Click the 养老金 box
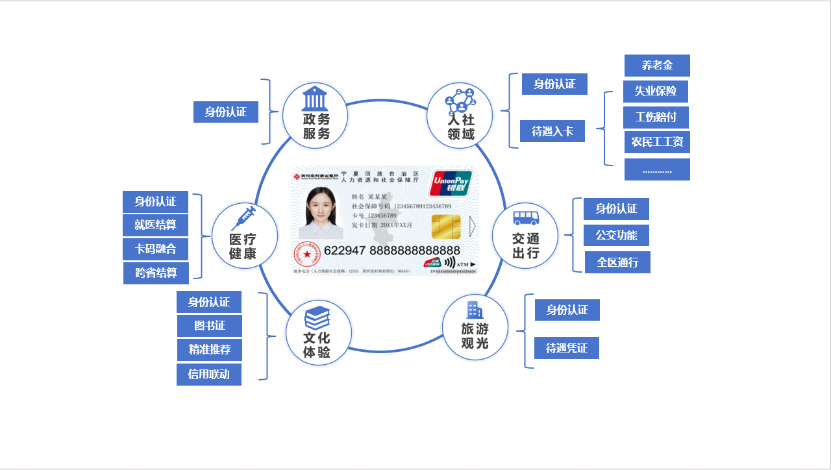[656, 65]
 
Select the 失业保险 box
[656, 91]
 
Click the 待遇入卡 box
[552, 131]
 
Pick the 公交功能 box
[616, 235]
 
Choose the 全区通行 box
[617, 262]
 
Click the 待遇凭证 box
[567, 348]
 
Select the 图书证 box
[210, 325]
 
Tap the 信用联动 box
[208, 374]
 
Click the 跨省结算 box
[156, 273]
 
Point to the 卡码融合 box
[156, 248]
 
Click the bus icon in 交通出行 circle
[524, 218]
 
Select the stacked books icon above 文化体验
[317, 316]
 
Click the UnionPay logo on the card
[451, 182]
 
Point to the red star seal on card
[307, 254]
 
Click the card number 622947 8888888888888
[391, 251]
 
